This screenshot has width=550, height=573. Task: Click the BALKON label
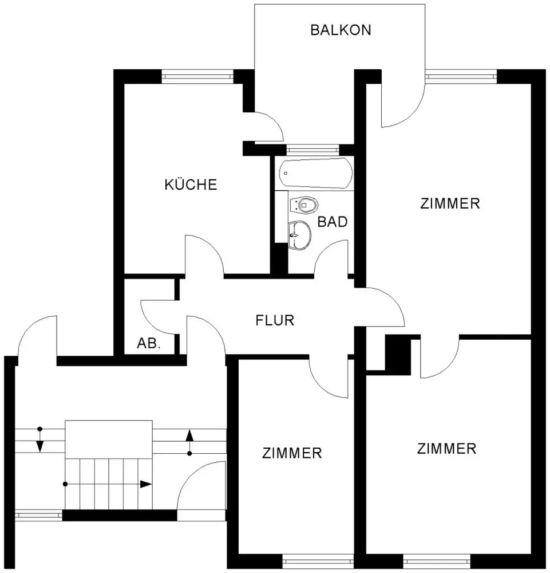(x=341, y=30)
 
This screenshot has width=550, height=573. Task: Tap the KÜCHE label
(x=191, y=184)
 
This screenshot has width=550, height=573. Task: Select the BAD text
(x=332, y=222)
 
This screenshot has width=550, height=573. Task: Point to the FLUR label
(x=275, y=320)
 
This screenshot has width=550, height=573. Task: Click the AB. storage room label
(x=149, y=343)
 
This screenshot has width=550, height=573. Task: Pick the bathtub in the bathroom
(x=316, y=173)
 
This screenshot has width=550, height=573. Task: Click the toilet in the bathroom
(x=304, y=205)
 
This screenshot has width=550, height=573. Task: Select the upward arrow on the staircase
(x=189, y=442)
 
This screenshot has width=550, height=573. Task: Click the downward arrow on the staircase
(x=40, y=440)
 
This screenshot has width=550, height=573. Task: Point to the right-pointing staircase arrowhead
(x=146, y=484)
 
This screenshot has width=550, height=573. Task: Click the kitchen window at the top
(x=197, y=76)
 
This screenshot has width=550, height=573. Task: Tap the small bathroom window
(x=313, y=149)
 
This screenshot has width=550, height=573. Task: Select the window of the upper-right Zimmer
(x=461, y=76)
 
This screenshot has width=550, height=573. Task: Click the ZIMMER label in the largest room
(x=450, y=203)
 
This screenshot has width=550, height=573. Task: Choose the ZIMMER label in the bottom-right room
(x=447, y=449)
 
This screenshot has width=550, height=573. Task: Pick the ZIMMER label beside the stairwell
(x=292, y=453)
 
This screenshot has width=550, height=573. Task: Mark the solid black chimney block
(x=398, y=355)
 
